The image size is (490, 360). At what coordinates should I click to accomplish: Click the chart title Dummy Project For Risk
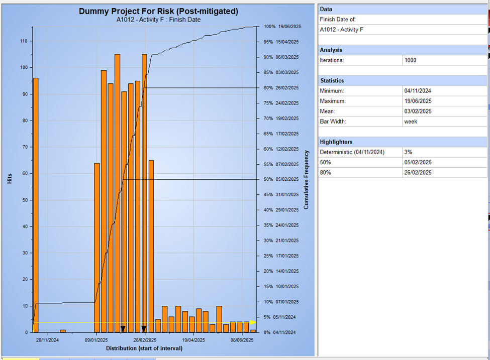tap(158, 11)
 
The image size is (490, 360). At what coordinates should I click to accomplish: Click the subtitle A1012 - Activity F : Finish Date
tap(158, 20)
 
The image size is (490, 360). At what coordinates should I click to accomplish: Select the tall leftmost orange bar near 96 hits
tap(36, 201)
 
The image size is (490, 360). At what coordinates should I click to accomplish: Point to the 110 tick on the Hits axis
tap(24, 41)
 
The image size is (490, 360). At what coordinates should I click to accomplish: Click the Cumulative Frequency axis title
tap(306, 179)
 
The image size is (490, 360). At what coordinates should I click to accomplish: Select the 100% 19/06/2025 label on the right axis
tap(281, 27)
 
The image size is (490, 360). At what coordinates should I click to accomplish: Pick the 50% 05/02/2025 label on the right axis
tap(281, 179)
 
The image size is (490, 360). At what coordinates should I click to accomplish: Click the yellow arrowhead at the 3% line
tap(253, 322)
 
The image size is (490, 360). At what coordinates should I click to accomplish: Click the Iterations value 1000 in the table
tap(410, 60)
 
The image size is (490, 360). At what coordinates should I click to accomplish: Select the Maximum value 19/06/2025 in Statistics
tap(417, 101)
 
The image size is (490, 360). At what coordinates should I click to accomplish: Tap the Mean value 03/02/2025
tap(417, 111)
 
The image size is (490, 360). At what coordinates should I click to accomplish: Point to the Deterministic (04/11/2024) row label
tap(352, 152)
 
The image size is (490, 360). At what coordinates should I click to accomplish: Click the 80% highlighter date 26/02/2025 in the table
tap(417, 173)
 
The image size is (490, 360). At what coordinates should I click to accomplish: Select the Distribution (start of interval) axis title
tap(144, 348)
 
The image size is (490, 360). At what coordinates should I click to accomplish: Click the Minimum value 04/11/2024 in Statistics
tap(417, 91)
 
